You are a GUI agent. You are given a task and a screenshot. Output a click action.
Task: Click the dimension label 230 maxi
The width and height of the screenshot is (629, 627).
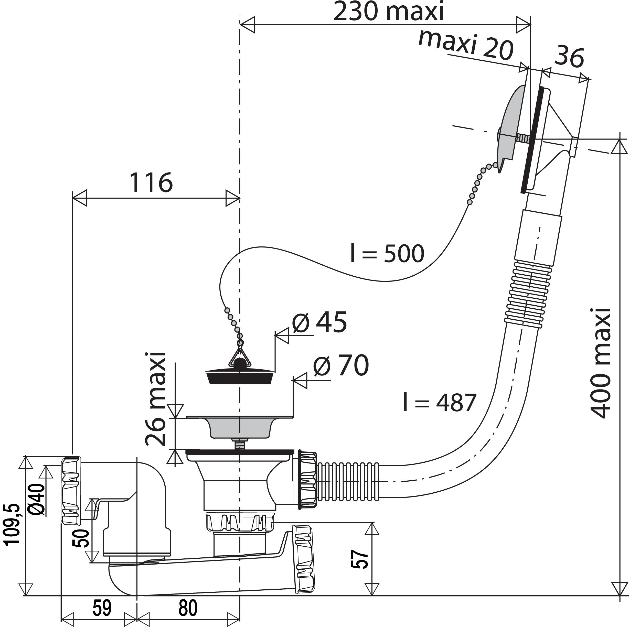pos(388,12)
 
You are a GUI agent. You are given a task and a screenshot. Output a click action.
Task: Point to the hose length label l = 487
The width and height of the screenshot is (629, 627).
pos(440,402)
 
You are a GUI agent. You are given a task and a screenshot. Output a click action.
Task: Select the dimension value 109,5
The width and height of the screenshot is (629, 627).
pos(12,524)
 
